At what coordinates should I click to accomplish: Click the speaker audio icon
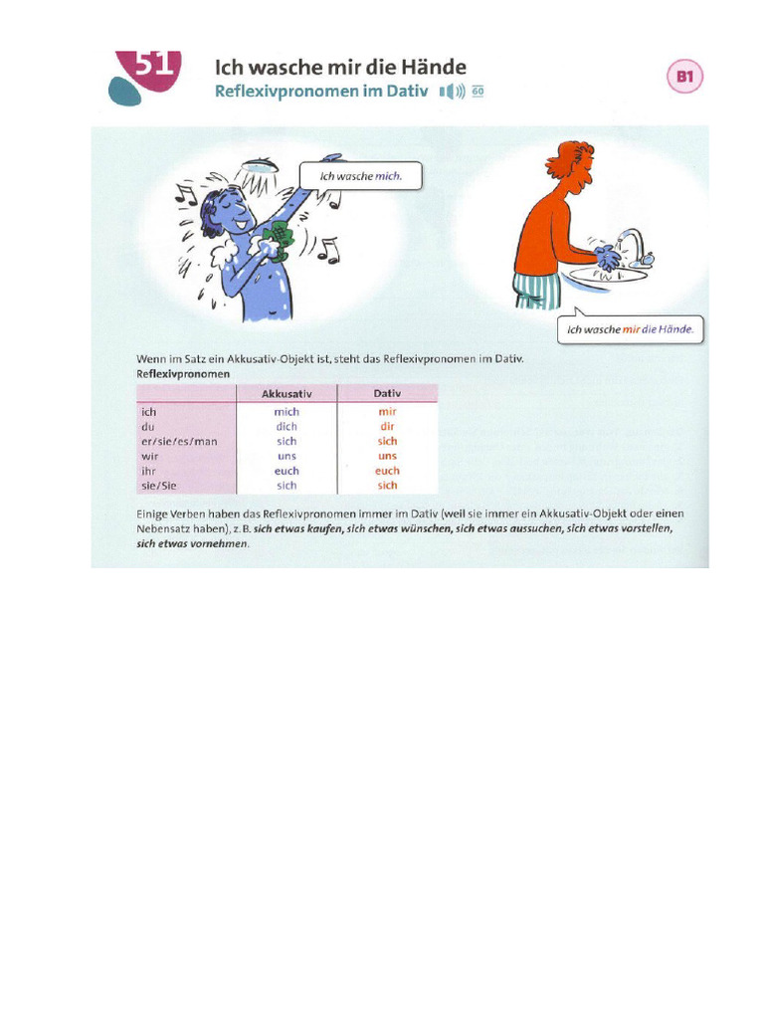point(453,93)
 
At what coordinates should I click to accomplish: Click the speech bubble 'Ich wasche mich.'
point(361,176)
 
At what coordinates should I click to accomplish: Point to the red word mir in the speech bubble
point(629,329)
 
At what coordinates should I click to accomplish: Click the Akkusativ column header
point(286,393)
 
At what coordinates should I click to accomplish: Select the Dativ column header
point(387,393)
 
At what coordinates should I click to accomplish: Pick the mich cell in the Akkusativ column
point(286,411)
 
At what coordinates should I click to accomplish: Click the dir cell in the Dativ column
point(387,426)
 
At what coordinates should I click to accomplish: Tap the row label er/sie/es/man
point(179,441)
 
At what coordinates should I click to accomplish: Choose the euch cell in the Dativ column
point(387,471)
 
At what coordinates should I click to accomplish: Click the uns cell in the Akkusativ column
point(286,456)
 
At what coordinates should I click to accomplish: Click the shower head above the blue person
point(260,164)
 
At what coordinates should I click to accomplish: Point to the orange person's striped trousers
point(536,291)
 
